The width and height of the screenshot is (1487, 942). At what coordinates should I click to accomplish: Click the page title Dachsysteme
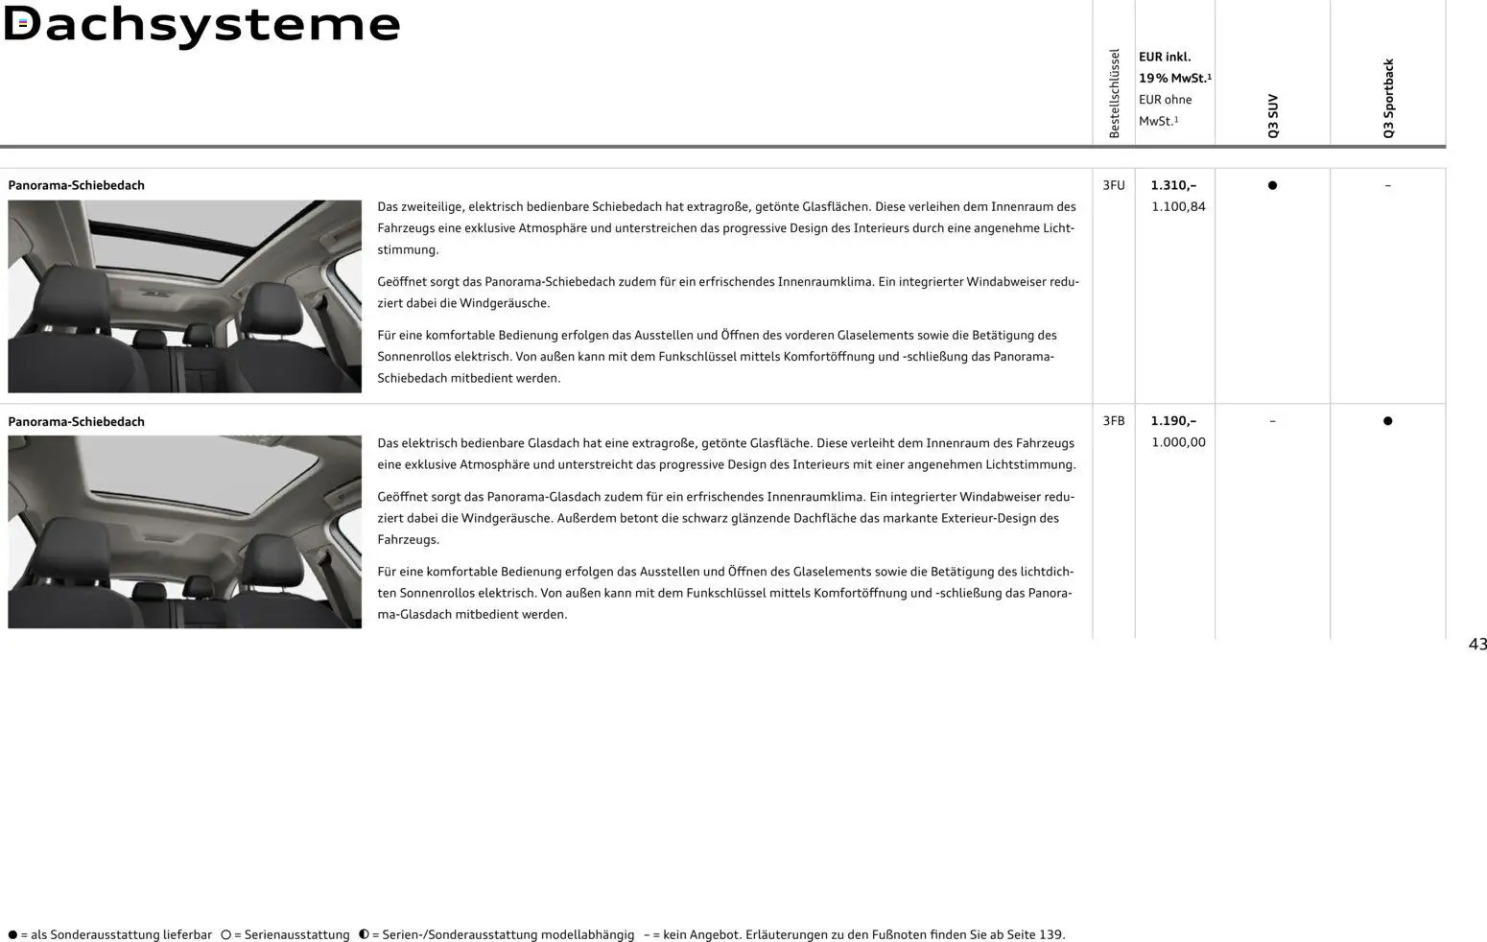click(x=201, y=25)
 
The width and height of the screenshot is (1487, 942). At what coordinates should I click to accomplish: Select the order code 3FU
click(x=1113, y=185)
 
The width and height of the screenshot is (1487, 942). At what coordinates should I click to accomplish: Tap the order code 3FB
click(x=1113, y=421)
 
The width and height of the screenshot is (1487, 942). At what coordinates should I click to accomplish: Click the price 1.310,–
click(x=1173, y=185)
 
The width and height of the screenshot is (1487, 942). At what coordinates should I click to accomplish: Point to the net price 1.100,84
click(x=1178, y=206)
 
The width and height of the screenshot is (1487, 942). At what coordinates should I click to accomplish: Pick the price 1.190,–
click(x=1173, y=421)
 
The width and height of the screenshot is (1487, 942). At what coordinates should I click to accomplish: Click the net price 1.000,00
click(x=1178, y=442)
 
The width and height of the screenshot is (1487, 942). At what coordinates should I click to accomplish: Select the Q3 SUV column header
click(x=1273, y=115)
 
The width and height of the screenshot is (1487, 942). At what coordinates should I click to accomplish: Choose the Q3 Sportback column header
click(x=1388, y=98)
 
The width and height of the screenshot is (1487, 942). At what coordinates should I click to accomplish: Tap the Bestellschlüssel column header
click(x=1114, y=93)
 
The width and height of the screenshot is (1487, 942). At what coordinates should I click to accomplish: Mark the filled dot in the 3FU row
click(x=1272, y=185)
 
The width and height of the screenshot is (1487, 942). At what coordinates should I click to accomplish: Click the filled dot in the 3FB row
click(x=1387, y=421)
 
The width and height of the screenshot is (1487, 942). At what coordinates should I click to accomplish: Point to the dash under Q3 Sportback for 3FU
click(x=1387, y=185)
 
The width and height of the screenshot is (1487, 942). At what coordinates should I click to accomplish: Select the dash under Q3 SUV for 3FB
click(x=1272, y=421)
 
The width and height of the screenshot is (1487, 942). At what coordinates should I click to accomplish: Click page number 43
click(x=1476, y=645)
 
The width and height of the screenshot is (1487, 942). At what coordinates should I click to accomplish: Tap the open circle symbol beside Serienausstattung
click(x=226, y=934)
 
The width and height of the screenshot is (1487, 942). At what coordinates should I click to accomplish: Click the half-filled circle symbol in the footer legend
click(x=364, y=934)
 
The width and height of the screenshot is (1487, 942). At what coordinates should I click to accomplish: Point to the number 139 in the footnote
click(x=1050, y=934)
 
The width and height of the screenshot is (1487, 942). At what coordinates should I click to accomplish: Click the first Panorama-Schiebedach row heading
click(x=76, y=185)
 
